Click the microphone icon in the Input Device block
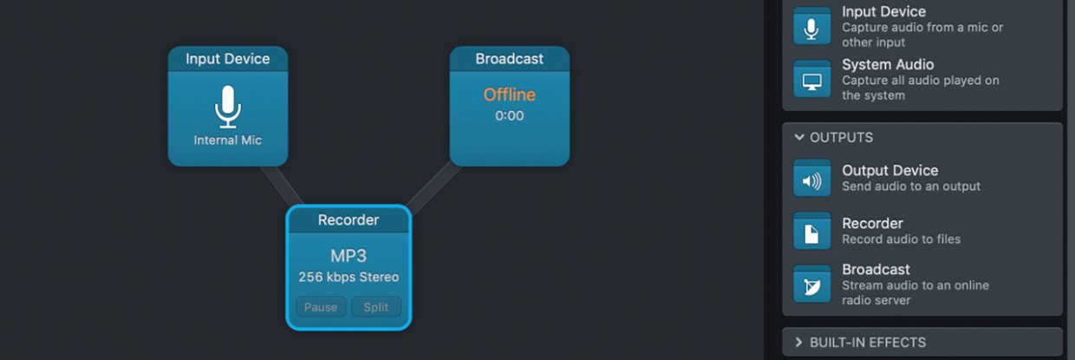click(227, 107)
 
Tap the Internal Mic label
click(227, 141)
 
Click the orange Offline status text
click(509, 95)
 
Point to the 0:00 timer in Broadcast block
click(509, 116)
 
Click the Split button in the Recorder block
click(376, 307)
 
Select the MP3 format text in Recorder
click(349, 257)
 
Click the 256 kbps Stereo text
click(349, 278)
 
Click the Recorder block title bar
click(349, 220)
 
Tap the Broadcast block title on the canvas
click(509, 59)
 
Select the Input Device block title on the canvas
click(227, 59)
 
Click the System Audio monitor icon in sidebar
click(811, 80)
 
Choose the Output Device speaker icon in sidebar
click(811, 180)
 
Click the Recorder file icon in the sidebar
click(811, 232)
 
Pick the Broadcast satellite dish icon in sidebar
click(811, 285)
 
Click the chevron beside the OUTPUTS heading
click(798, 138)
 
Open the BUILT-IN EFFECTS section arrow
click(798, 343)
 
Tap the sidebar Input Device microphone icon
click(811, 27)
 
